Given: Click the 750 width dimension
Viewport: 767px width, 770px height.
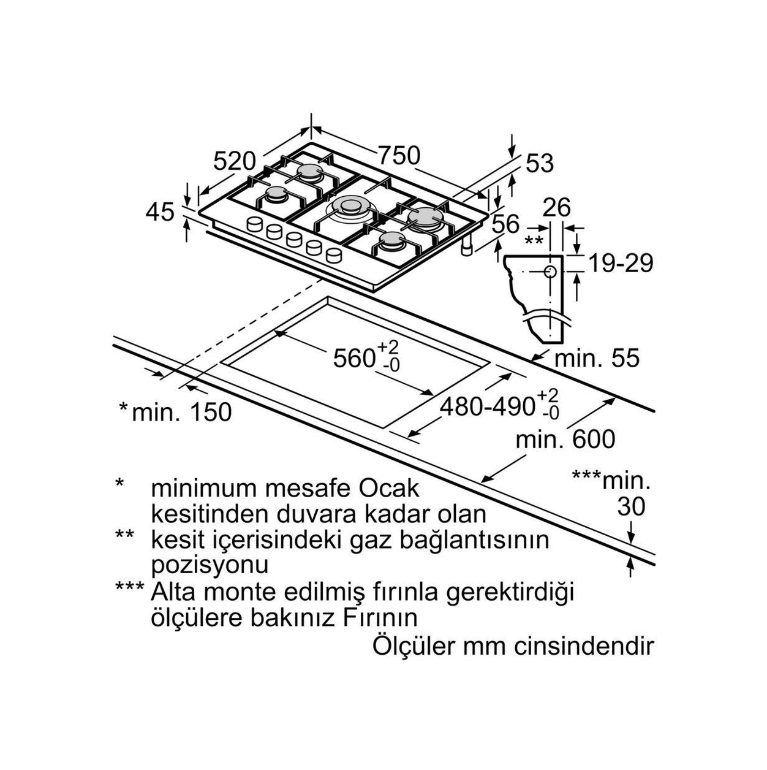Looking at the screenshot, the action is click(x=399, y=156).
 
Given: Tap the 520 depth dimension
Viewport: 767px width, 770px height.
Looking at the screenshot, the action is click(x=235, y=161).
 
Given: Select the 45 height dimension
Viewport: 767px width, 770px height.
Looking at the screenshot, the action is click(x=160, y=212).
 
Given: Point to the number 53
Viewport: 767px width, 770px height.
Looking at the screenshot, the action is click(x=539, y=163).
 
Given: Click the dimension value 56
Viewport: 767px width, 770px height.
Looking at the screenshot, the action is click(x=505, y=224).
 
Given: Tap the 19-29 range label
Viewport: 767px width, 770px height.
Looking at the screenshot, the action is click(x=621, y=263).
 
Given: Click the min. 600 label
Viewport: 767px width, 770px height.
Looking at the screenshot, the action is click(x=565, y=440).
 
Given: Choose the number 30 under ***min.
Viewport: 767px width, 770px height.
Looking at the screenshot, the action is click(x=631, y=506).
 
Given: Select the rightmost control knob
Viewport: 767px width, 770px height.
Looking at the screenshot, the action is click(x=334, y=255).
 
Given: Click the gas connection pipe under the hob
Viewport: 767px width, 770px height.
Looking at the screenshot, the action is click(x=467, y=248).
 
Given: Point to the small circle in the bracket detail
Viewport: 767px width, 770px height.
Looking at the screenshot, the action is click(x=550, y=272).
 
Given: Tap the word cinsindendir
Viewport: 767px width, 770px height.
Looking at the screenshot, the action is click(x=584, y=647).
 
